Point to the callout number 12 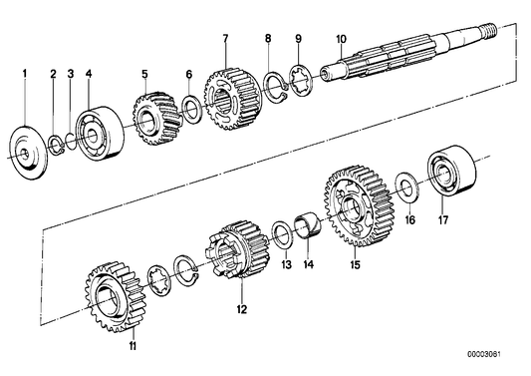(239, 309)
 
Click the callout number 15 (355, 265)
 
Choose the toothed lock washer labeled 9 (296, 78)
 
